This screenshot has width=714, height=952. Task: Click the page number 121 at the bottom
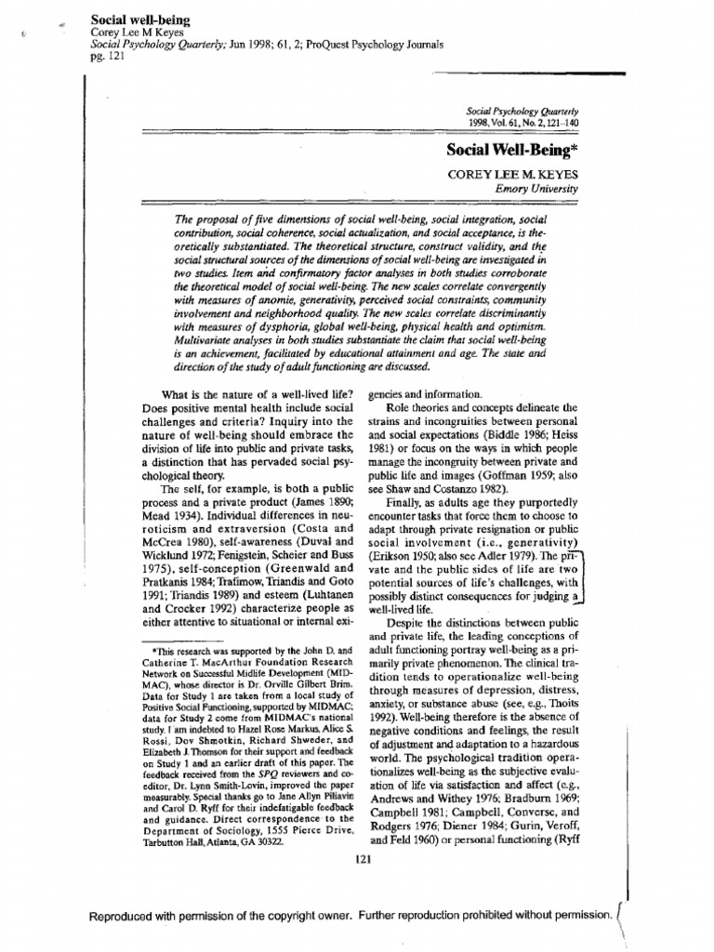(364, 858)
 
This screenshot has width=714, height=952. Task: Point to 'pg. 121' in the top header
(104, 55)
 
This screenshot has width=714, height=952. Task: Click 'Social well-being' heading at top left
(134, 18)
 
